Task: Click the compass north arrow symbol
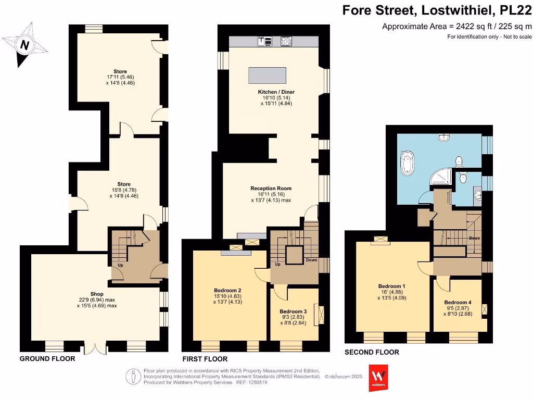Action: [x=24, y=45]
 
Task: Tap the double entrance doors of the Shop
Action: [x=95, y=347]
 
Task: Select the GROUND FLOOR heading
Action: [x=47, y=359]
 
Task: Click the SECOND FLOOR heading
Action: [x=372, y=353]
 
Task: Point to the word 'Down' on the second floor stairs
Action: [x=474, y=238]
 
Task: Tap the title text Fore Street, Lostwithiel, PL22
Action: [x=437, y=11]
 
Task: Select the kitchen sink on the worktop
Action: [x=264, y=41]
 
